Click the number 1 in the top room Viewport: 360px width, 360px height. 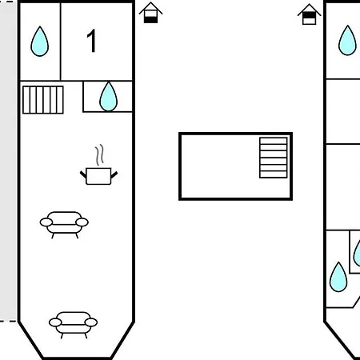click(92, 41)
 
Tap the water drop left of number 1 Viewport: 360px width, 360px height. click(40, 42)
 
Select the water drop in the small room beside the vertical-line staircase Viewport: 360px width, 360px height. click(108, 97)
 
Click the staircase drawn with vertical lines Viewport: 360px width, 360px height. click(43, 100)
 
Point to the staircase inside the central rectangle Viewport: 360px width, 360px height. click(274, 158)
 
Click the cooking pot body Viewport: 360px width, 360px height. click(98, 176)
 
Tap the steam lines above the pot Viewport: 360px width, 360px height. click(99, 155)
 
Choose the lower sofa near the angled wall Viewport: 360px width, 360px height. click(73, 325)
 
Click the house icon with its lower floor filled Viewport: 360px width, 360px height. click(150, 13)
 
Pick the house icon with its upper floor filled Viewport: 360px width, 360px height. click(310, 14)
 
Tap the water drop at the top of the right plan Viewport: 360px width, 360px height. click(347, 41)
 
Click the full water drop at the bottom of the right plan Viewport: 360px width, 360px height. click(338, 278)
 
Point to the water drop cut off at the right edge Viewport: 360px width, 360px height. click(358, 254)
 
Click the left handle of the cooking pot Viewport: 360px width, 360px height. click(83, 174)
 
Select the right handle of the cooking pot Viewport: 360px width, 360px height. click(114, 174)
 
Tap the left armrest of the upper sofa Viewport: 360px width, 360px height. click(46, 222)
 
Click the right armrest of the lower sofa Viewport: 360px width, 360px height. click(91, 322)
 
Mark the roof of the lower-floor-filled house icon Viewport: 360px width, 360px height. click(150, 8)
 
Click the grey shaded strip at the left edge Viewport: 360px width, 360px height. click(8, 161)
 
